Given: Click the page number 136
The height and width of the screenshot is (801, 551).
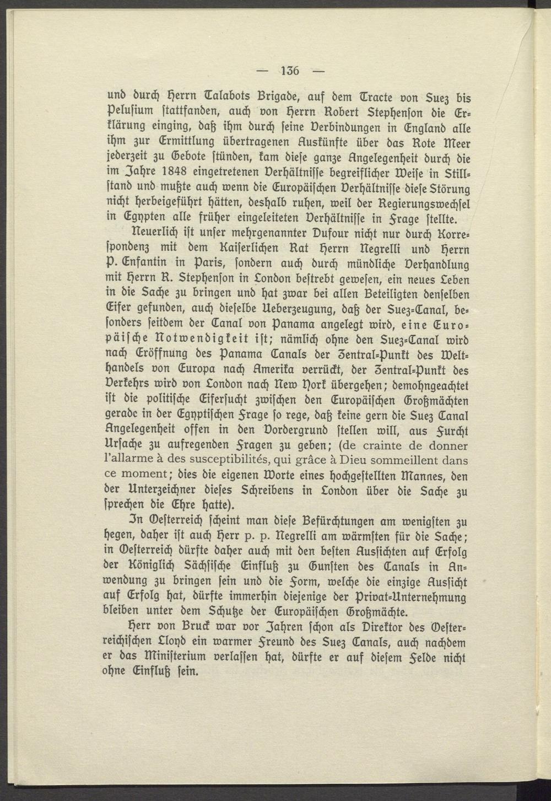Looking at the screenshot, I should coord(289,70).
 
